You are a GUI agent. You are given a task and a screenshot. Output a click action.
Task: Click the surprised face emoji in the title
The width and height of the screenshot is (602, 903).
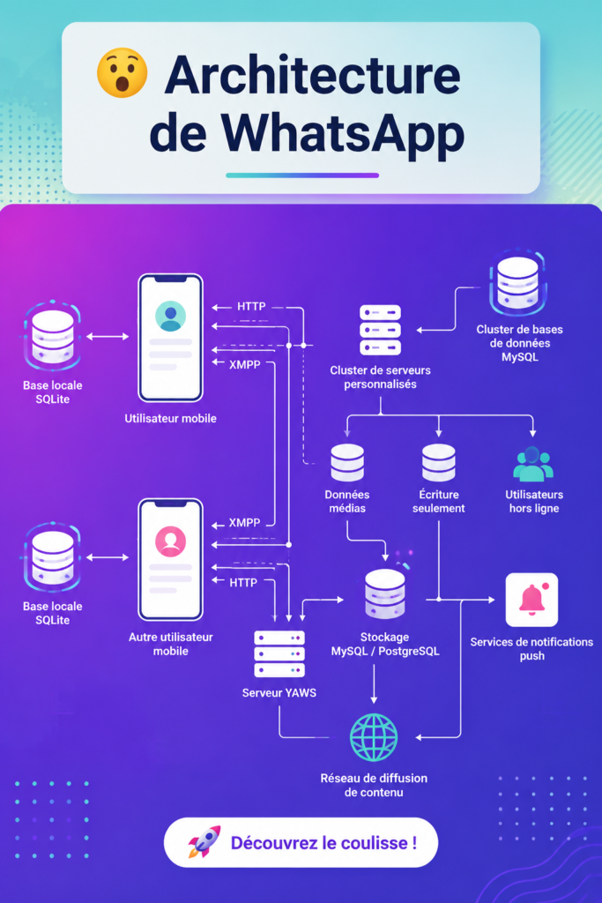click(x=122, y=72)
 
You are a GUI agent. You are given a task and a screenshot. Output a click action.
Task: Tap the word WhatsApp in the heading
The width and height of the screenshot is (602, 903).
click(x=343, y=133)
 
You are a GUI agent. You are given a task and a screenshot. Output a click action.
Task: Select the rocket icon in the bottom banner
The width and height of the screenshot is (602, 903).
click(x=204, y=842)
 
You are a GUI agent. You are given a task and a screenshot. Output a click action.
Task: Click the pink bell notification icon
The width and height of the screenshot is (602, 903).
click(x=531, y=600)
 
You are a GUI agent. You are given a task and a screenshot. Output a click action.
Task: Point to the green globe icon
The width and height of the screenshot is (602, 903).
click(x=374, y=738)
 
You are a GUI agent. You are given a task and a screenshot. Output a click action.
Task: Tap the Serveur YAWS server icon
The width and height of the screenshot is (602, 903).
click(x=279, y=653)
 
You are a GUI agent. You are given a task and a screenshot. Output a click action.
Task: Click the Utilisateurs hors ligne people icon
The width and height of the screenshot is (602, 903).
click(x=533, y=464)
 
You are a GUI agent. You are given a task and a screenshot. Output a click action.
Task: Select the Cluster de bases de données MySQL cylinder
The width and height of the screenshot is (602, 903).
click(x=517, y=282)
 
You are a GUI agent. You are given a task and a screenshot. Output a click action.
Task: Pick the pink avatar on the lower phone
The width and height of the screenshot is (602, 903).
click(x=170, y=541)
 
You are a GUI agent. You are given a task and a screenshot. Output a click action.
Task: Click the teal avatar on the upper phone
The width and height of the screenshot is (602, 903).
click(x=170, y=317)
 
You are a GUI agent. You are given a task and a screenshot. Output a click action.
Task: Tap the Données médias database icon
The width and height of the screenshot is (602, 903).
click(x=347, y=462)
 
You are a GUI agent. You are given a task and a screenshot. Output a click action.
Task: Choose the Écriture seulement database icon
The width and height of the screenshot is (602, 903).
click(x=439, y=462)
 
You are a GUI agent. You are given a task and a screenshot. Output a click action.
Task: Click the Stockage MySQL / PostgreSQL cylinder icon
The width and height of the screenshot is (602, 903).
click(x=385, y=594)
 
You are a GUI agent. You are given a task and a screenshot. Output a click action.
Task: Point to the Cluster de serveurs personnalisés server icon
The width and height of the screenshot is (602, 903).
click(x=380, y=330)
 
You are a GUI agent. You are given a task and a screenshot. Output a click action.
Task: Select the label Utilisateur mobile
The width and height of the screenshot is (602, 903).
click(x=170, y=419)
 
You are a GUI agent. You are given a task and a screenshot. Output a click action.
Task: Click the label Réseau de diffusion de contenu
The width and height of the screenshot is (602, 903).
click(x=374, y=785)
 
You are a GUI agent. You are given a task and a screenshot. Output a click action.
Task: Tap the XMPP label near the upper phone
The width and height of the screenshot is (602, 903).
click(x=245, y=364)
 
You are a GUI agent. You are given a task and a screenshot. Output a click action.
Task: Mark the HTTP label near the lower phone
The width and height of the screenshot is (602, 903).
click(x=243, y=583)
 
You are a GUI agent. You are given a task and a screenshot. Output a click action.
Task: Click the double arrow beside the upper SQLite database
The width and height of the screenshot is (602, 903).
click(x=108, y=336)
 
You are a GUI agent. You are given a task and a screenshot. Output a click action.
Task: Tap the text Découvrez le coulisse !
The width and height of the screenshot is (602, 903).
click(x=324, y=843)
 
